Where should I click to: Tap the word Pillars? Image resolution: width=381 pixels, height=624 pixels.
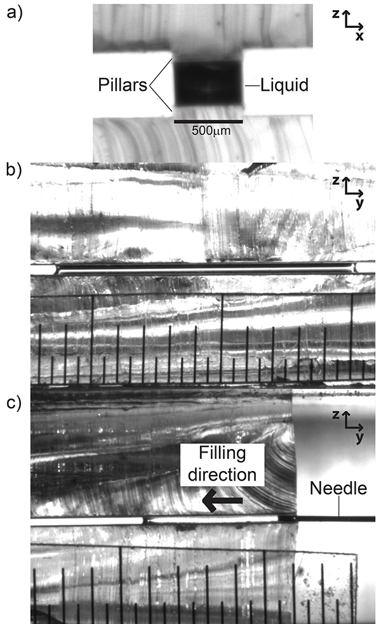click(x=123, y=85)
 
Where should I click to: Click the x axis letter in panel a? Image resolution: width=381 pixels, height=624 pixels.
click(x=359, y=36)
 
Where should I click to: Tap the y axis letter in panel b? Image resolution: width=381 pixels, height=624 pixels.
click(x=359, y=203)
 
